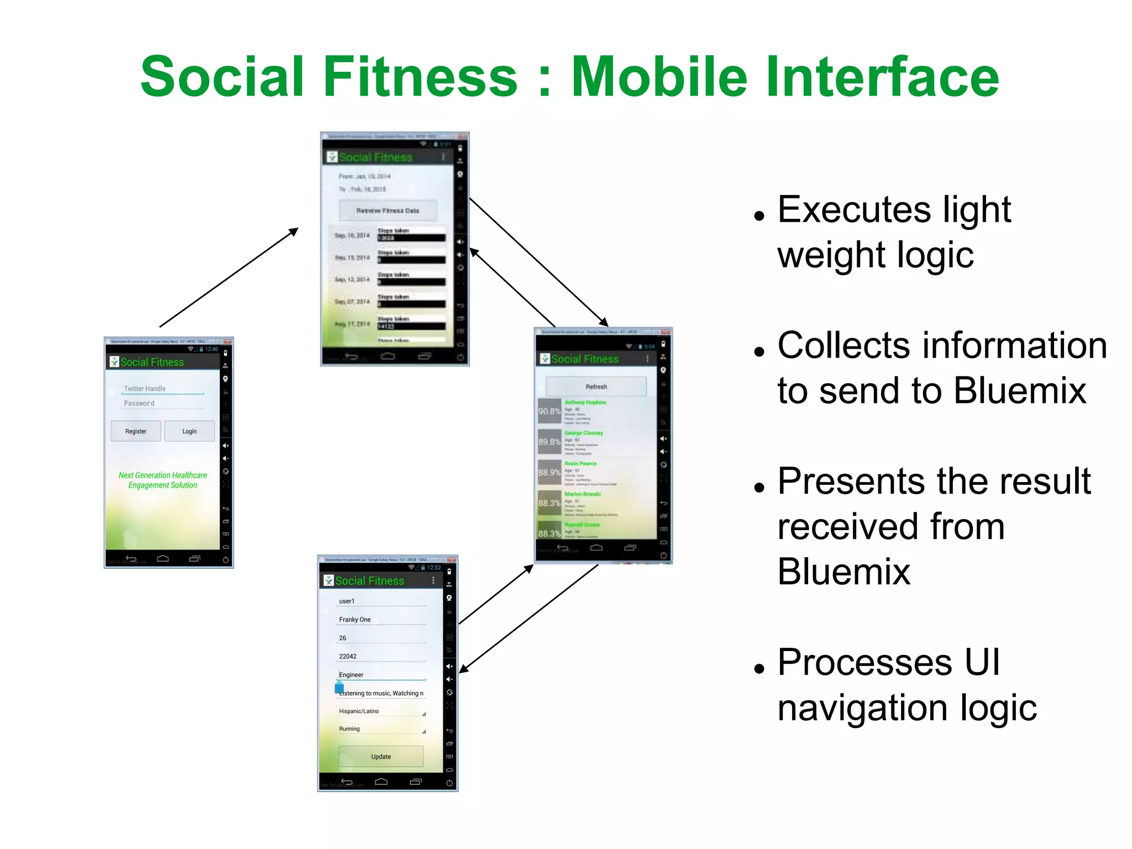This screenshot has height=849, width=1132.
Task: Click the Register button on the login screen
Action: pyautogui.click(x=136, y=431)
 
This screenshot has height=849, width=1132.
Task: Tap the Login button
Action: pyautogui.click(x=190, y=431)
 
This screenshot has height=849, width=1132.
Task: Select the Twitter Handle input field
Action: pyautogui.click(x=163, y=389)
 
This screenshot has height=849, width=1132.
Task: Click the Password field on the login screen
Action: pyautogui.click(x=163, y=403)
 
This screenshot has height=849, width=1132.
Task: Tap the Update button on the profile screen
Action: pyautogui.click(x=381, y=757)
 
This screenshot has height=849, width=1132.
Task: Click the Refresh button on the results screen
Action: pyautogui.click(x=596, y=386)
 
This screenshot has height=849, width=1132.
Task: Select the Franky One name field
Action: pyautogui.click(x=381, y=620)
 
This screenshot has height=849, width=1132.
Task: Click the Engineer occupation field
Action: pyautogui.click(x=381, y=675)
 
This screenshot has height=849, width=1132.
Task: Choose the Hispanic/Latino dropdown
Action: pyautogui.click(x=381, y=711)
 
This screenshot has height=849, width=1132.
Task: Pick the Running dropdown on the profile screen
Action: pyautogui.click(x=381, y=729)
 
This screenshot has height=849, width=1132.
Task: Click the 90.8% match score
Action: pyautogui.click(x=549, y=411)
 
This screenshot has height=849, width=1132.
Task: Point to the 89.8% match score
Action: pyautogui.click(x=549, y=442)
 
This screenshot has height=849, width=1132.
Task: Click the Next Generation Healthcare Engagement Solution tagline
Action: pyautogui.click(x=163, y=480)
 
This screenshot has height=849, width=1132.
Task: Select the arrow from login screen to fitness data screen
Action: pyautogui.click(x=229, y=277)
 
